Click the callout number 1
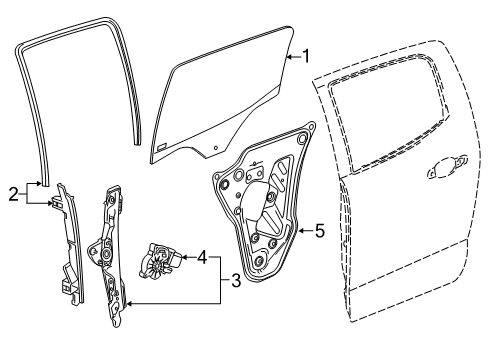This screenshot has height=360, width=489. [307, 57]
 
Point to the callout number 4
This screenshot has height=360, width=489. [203, 256]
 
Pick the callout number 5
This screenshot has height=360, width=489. [319, 231]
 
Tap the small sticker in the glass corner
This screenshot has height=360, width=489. [162, 145]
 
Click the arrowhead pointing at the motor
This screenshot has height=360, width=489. [180, 256]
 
